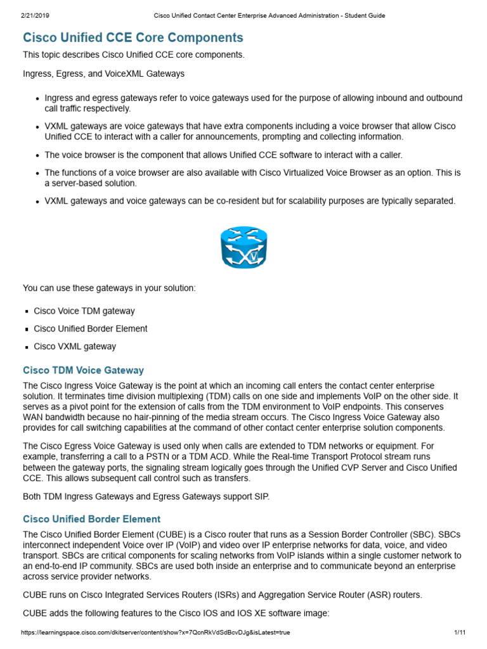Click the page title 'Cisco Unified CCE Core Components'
tap(133, 37)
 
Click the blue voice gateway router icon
tap(243, 247)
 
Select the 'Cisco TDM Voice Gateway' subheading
tap(83, 370)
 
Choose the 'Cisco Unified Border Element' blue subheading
tap(91, 519)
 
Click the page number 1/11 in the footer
tap(460, 633)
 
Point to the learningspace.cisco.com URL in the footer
tap(155, 633)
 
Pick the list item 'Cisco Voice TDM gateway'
tap(84, 311)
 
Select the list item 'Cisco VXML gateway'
tap(75, 347)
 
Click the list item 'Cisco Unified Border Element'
tap(90, 329)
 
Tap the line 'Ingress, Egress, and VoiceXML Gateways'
tap(103, 74)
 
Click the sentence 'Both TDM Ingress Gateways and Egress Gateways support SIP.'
tap(146, 496)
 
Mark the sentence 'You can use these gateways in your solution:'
tap(110, 288)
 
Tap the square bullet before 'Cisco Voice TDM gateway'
tap(27, 312)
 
